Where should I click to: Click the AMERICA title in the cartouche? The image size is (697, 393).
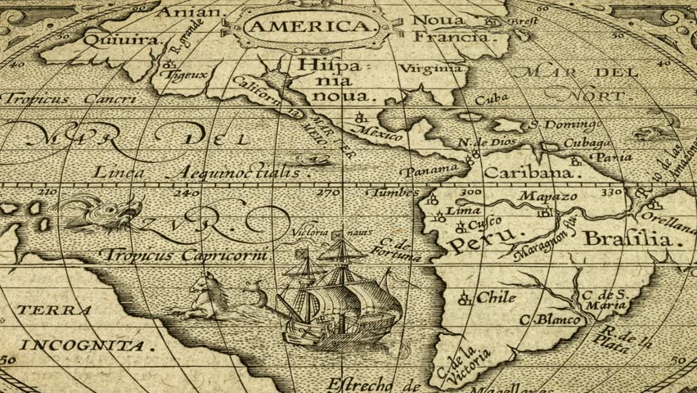(308, 26)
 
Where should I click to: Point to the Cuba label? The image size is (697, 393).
(492, 97)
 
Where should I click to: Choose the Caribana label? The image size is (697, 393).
(525, 174)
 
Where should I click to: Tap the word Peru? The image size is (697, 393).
(475, 238)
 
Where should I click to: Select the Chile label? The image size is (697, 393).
(496, 297)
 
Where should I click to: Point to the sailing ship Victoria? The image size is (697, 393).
(340, 295)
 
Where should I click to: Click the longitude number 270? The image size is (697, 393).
(329, 193)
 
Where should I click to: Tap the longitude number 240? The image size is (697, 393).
(190, 193)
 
